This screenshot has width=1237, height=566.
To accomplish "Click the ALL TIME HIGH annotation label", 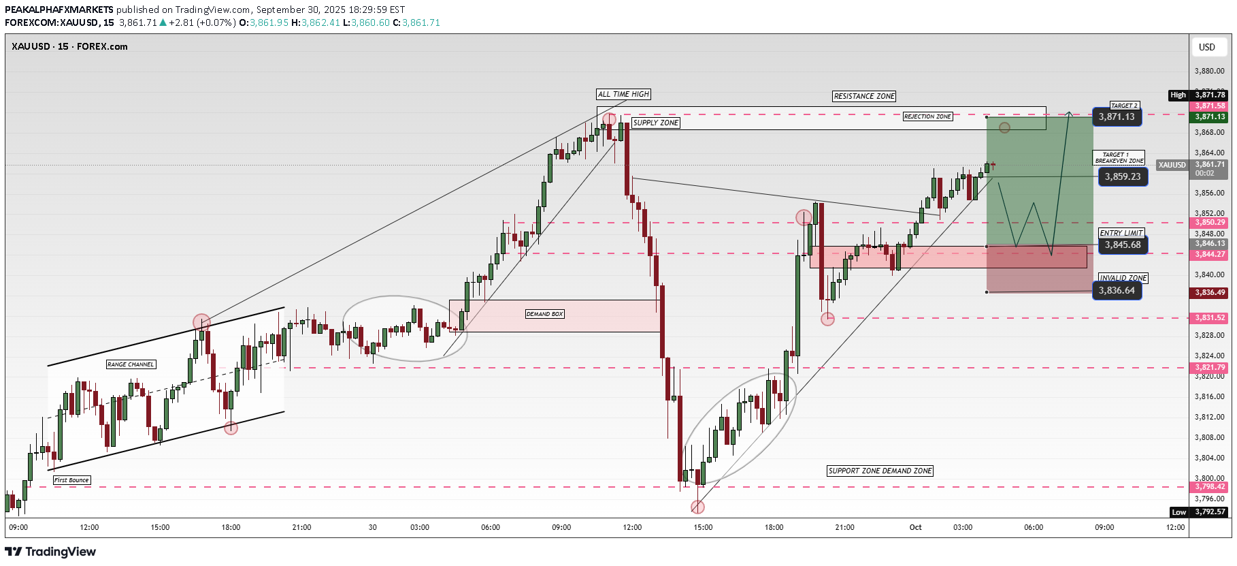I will coord(623,94).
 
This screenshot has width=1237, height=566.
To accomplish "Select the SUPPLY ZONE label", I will coord(655,123).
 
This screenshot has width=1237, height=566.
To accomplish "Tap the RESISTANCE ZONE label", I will coord(864,96).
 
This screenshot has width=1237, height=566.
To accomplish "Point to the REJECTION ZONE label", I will coord(927,116).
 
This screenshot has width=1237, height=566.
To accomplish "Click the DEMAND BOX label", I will coord(544,314).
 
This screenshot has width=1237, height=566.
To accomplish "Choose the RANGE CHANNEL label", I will coord(131,364).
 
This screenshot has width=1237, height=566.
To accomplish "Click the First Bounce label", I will coord(71,480).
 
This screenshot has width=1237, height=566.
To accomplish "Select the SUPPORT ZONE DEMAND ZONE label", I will coord(880,471).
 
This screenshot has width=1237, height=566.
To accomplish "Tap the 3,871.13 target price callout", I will coord(1117,117).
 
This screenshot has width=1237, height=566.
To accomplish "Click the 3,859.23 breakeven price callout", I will coord(1123,176).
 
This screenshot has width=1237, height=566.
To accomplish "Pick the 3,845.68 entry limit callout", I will coord(1123,245).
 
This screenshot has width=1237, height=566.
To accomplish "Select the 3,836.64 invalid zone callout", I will coord(1117,291).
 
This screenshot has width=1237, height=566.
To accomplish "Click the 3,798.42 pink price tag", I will coord(1209,486).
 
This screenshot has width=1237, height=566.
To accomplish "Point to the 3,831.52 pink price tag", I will coord(1209,317).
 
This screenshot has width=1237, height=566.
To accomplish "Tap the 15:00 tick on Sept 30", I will coord(703,527).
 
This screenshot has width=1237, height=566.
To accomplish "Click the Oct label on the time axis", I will coord(915,527).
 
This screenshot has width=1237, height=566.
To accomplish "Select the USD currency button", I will coord(1206,47).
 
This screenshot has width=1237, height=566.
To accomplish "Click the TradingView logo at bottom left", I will coord(51,552).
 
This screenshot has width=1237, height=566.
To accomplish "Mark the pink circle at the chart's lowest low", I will coord(697,507).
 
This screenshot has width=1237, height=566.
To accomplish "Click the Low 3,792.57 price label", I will coord(1200,512).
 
